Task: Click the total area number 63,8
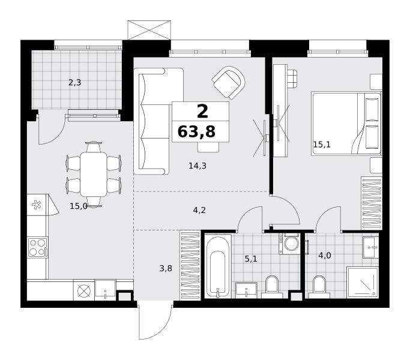[x=196, y=131]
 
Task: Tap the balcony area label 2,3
[x=75, y=83]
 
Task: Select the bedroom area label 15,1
[x=322, y=145]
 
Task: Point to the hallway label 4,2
[x=199, y=210]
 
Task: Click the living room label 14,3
[x=197, y=166]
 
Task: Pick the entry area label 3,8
[x=166, y=268]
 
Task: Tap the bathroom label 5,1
[x=251, y=259]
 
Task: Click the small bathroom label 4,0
[x=325, y=255]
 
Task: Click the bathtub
[x=218, y=266]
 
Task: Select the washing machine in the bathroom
[x=289, y=244]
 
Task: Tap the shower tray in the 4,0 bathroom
[x=363, y=283]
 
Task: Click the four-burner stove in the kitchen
[x=38, y=247]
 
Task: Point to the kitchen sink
[x=105, y=289]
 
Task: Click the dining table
[x=94, y=175]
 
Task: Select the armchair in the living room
[x=229, y=83]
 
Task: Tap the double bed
[x=346, y=124]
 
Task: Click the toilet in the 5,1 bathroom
[x=272, y=287]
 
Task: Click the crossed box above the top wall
[x=149, y=30]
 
